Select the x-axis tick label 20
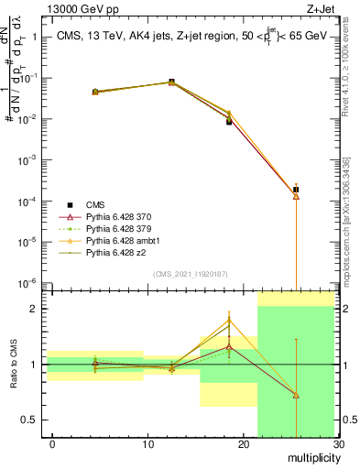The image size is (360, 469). (x=243, y=446)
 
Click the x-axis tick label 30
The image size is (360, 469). (x=338, y=446)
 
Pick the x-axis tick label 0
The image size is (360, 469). (x=52, y=446)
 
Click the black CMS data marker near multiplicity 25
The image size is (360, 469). (x=296, y=190)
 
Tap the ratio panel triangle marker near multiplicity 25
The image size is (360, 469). (x=296, y=395)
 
